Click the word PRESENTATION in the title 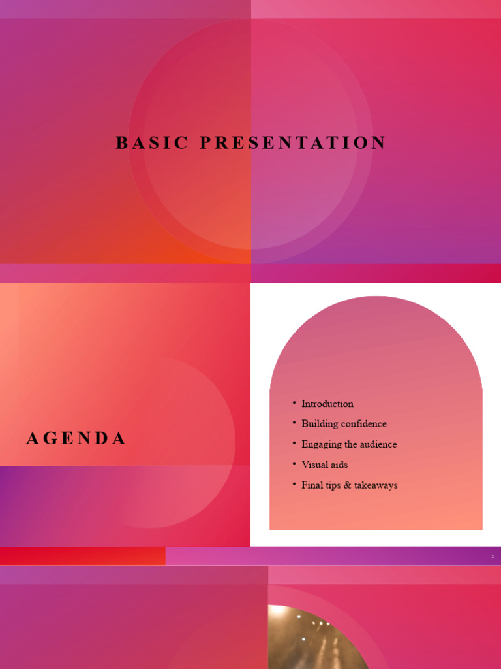coord(293,143)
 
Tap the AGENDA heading coord(76,439)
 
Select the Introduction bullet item coord(327,404)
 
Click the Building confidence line coord(344,424)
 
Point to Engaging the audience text coord(349,444)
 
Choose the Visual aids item coord(324,465)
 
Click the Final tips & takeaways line coord(349,485)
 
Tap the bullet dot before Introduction coord(294,403)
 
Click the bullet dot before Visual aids coord(294,464)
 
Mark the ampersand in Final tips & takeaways coord(346,485)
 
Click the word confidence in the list coord(364,424)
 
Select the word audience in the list coord(376,444)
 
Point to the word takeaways coord(375,485)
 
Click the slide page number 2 coord(493,557)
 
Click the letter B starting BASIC coord(121,143)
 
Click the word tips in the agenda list coord(333,485)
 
